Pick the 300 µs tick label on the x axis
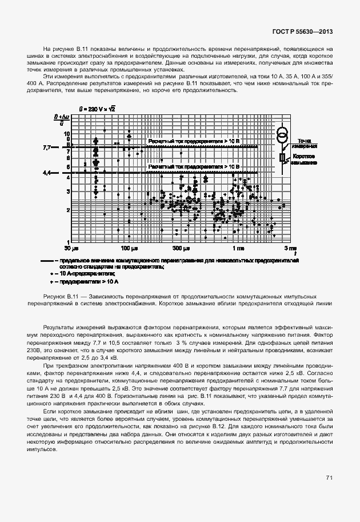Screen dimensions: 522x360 coord(182,249)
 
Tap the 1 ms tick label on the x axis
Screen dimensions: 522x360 coord(237,249)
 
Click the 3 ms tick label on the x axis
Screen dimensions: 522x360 coord(291,249)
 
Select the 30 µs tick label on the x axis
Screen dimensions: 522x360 coord(71,249)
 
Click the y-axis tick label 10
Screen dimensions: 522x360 coord(67,133)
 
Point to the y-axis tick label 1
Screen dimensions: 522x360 coord(68,242)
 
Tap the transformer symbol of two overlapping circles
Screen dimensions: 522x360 coord(282,136)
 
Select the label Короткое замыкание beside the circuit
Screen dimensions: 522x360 coord(303,159)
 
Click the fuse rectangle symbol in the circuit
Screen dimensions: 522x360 coord(282,158)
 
